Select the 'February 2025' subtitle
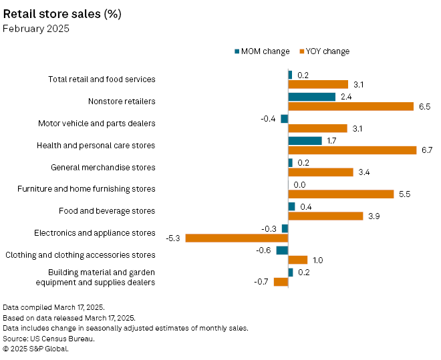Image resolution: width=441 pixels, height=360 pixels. click(36, 29)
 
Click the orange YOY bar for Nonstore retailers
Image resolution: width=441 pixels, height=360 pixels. click(351, 106)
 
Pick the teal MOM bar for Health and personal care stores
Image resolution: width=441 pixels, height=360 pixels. click(305, 140)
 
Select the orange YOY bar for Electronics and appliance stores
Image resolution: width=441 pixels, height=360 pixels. click(237, 238)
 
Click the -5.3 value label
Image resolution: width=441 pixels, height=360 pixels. click(173, 238)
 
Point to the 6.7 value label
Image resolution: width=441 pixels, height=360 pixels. click(427, 150)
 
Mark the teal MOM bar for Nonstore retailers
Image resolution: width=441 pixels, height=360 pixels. click(311, 97)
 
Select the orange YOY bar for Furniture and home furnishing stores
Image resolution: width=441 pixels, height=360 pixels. click(341, 194)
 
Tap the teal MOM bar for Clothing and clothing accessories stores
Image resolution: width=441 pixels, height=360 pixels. click(282, 250)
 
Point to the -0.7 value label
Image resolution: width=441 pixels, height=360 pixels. click(261, 282)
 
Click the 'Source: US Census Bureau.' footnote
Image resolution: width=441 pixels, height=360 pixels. click(49, 338)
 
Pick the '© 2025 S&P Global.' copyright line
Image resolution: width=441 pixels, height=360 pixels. click(35, 348)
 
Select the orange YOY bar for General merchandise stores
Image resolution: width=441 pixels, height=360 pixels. click(321, 172)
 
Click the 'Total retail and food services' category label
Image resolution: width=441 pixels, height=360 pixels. click(102, 79)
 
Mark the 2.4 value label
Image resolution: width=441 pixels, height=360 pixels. click(345, 97)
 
